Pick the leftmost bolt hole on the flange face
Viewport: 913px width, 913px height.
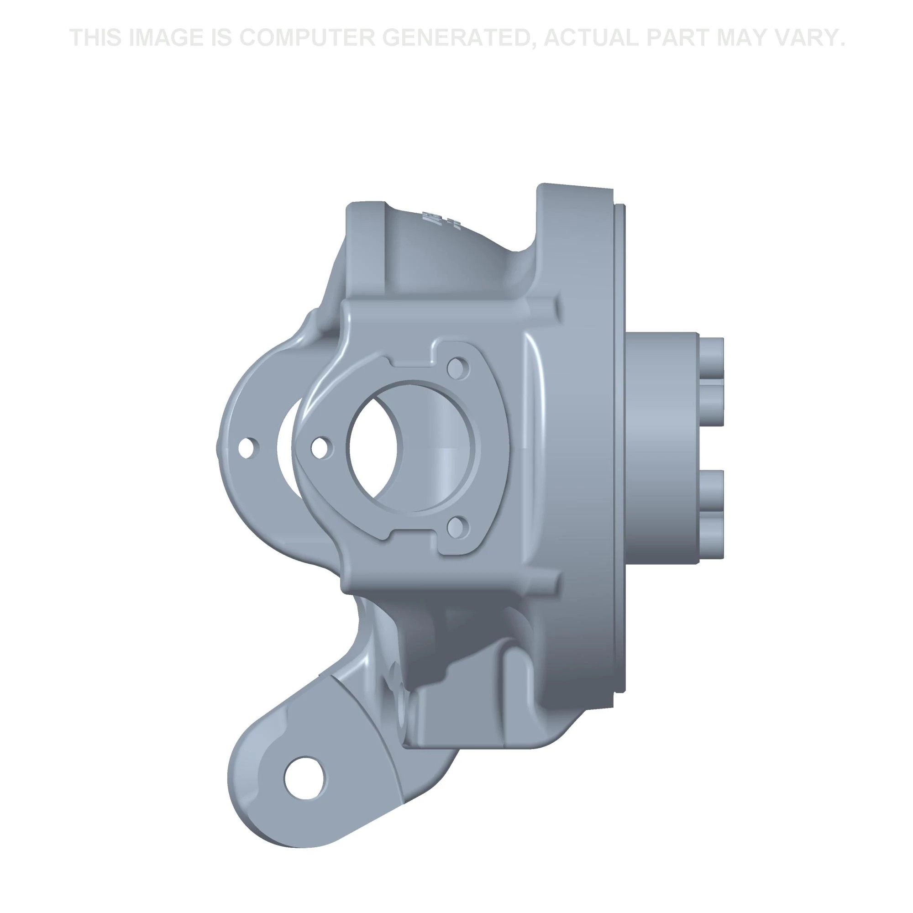click(x=321, y=446)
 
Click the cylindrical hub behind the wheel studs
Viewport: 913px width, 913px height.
click(x=661, y=446)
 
